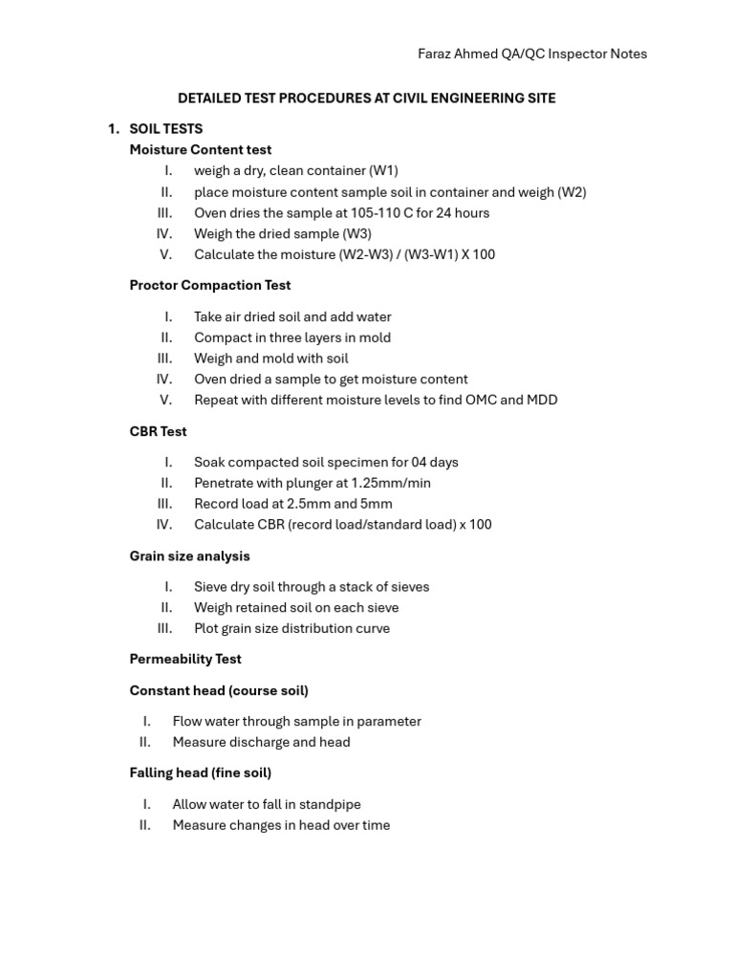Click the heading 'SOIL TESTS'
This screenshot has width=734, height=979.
[x=166, y=128]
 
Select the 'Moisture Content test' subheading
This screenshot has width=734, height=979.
[x=201, y=149]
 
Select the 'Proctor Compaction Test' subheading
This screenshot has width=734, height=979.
[x=210, y=285]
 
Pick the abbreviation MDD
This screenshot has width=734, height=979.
[x=542, y=400]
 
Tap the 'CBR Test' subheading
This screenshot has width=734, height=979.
[x=159, y=431]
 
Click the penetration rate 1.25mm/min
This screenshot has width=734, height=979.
[x=391, y=483]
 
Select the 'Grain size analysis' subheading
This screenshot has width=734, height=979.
[x=190, y=555]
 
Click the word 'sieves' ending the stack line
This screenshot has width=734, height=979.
[x=408, y=587]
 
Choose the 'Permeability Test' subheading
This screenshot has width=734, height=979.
[x=185, y=659]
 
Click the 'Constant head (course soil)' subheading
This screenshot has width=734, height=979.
[x=219, y=690]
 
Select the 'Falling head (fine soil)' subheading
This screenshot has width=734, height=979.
[x=201, y=772]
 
